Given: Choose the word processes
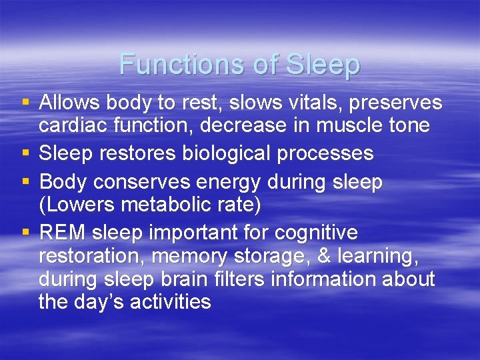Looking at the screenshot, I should pyautogui.click(x=329, y=153).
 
